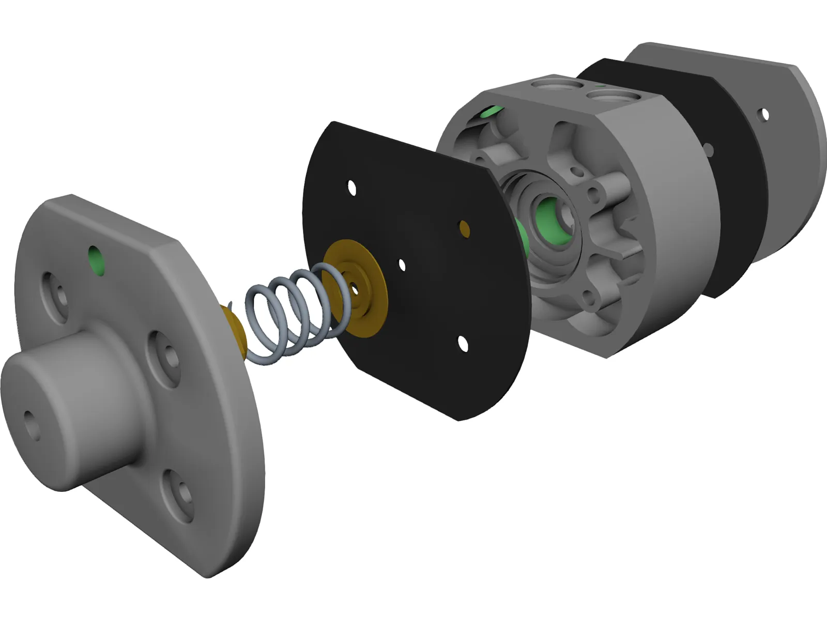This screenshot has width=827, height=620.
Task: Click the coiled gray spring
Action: click(x=289, y=315)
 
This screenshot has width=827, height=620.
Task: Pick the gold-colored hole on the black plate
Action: click(x=464, y=228)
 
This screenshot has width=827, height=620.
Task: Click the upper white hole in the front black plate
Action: click(x=352, y=188)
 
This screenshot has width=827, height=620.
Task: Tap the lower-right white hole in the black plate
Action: click(x=463, y=344)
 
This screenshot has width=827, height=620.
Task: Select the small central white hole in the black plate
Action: click(x=402, y=265)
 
